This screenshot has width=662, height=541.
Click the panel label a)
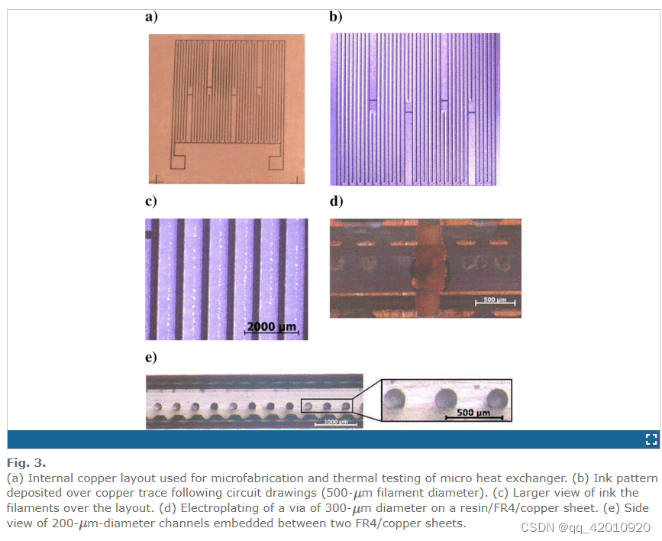click(x=151, y=17)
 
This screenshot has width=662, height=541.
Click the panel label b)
click(x=336, y=17)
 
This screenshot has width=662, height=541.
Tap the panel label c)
click(x=150, y=201)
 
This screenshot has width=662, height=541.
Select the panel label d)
click(x=336, y=201)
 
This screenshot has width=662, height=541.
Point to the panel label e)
click(x=150, y=357)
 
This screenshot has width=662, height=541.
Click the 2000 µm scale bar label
click(x=272, y=326)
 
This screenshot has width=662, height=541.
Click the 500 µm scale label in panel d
click(x=495, y=300)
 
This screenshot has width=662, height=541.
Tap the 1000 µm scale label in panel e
click(x=336, y=422)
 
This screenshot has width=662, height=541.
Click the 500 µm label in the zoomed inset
click(x=473, y=412)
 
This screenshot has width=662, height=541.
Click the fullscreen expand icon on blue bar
click(x=651, y=439)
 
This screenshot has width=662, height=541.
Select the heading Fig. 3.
click(x=26, y=463)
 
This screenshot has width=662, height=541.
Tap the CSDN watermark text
click(x=585, y=527)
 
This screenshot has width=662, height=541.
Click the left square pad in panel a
click(x=178, y=162)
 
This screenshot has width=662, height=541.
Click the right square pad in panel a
click(x=276, y=163)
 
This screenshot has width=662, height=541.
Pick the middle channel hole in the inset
click(x=446, y=399)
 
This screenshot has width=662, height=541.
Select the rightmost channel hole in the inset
click(x=497, y=399)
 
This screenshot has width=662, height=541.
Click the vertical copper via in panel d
click(x=428, y=269)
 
